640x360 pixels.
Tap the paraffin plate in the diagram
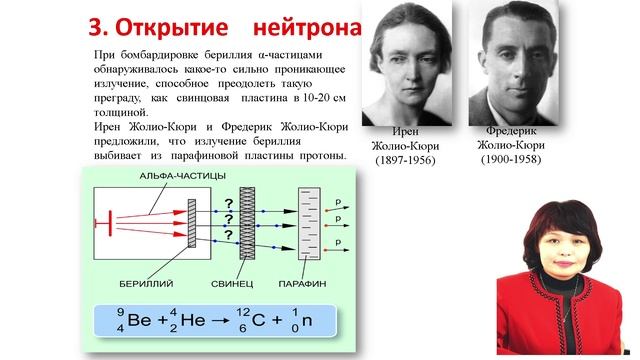311,222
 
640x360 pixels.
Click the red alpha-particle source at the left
100,221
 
